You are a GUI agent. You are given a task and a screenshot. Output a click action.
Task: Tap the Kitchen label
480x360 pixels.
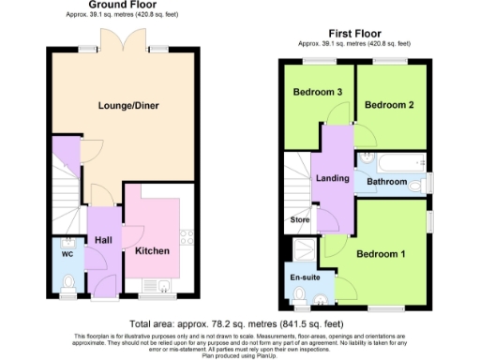pyautogui.click(x=152, y=251)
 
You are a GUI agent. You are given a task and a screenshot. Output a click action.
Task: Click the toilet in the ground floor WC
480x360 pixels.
pyautogui.click(x=66, y=281)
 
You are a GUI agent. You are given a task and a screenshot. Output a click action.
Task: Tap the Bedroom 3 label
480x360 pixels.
pyautogui.click(x=317, y=93)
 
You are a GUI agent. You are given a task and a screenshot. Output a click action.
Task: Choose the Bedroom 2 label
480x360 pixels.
pyautogui.click(x=389, y=105)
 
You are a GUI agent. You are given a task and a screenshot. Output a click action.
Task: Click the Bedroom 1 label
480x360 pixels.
pyautogui.click(x=381, y=254)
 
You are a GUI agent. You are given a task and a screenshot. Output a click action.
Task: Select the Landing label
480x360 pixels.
pyautogui.click(x=333, y=178)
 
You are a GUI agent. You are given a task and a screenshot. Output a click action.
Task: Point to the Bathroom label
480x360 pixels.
pyautogui.click(x=386, y=183)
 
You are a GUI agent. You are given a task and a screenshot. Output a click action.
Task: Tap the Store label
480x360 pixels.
pyautogui.click(x=299, y=221)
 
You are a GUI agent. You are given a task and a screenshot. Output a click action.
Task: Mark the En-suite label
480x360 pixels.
pyautogui.click(x=301, y=277)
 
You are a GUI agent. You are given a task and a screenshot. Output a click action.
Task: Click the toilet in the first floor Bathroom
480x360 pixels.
pyautogui.click(x=417, y=185)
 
